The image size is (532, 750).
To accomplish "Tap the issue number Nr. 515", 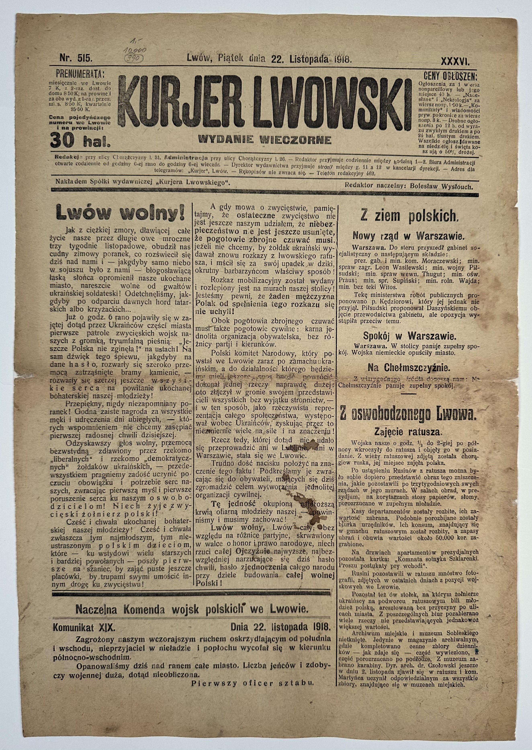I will click(x=76, y=59).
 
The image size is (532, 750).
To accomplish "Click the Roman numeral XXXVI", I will click(x=455, y=61).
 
